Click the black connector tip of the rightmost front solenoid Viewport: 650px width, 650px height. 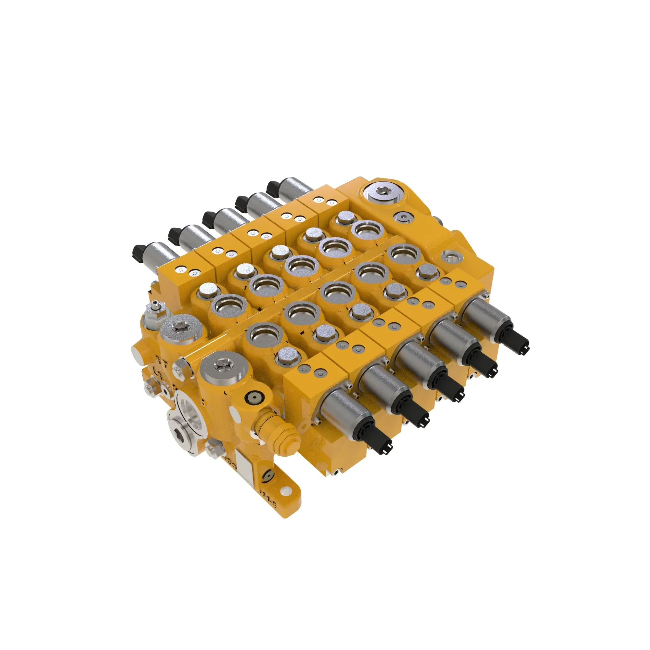coord(519,344)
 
